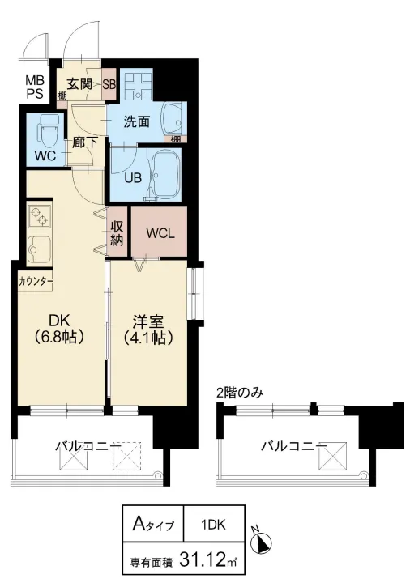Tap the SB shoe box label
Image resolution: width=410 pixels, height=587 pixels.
tap(109, 84)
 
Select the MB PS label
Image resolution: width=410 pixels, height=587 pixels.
tap(35, 86)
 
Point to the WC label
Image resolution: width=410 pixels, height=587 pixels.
tap(45, 156)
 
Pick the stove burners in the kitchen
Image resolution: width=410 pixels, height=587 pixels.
tap(39, 216)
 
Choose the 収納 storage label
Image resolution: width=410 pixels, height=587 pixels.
tap(117, 232)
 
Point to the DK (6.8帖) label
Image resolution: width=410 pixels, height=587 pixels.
tap(57, 327)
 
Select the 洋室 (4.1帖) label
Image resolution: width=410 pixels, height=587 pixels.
tap(147, 327)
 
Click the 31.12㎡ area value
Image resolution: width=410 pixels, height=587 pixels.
tap(202, 559)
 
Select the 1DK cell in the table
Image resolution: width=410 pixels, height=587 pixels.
tap(214, 524)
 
